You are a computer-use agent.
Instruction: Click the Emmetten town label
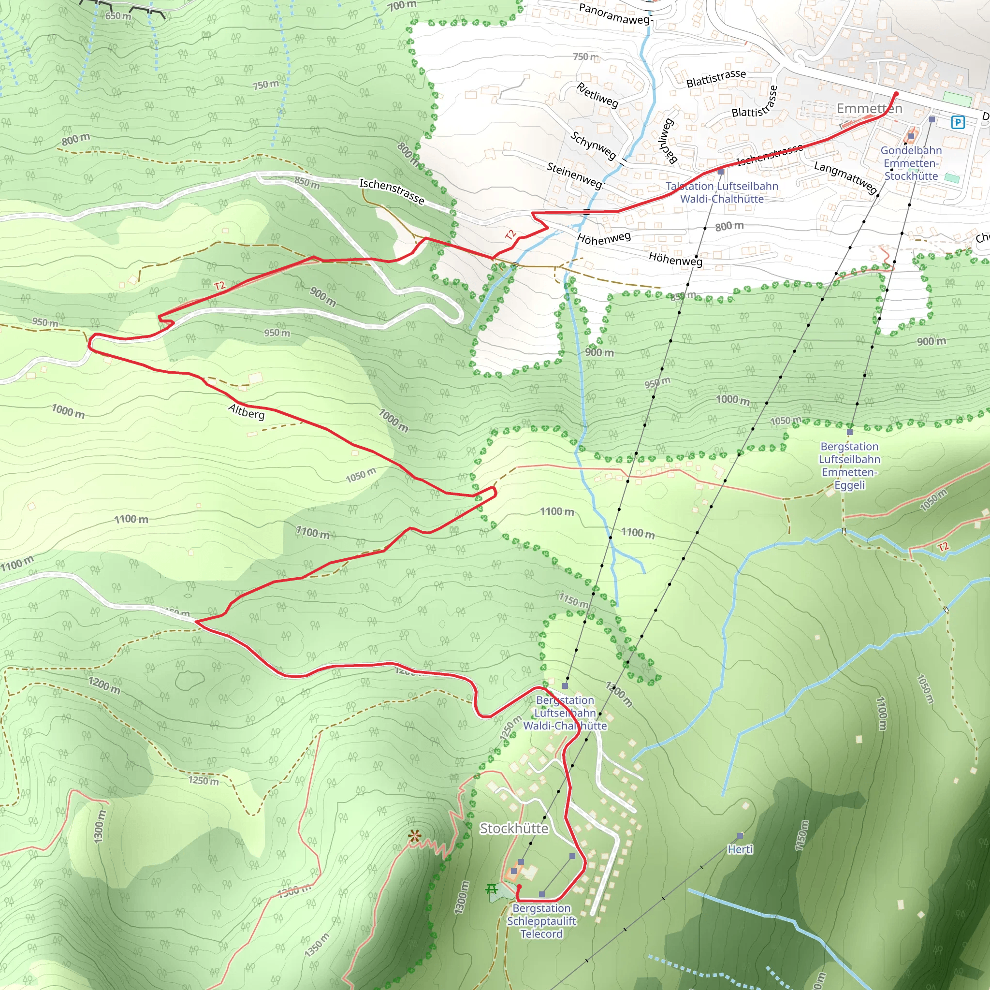point(869,109)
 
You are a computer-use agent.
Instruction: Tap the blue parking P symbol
point(957,122)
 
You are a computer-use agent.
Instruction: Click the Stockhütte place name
point(513,829)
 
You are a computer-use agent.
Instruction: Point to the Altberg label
point(247,411)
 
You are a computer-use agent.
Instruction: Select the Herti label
point(740,850)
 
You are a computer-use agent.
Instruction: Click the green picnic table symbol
point(492,888)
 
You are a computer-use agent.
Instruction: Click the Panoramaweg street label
point(614,14)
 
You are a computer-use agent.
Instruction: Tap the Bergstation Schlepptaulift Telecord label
point(541,921)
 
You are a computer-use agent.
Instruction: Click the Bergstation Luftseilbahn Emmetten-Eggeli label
point(849,466)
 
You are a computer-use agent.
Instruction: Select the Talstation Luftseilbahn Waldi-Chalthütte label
point(722,192)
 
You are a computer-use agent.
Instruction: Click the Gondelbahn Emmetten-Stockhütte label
point(911,163)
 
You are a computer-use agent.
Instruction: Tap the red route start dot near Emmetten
point(896,94)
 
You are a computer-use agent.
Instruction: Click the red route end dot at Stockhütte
point(519,886)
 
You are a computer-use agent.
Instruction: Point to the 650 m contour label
point(118,16)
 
